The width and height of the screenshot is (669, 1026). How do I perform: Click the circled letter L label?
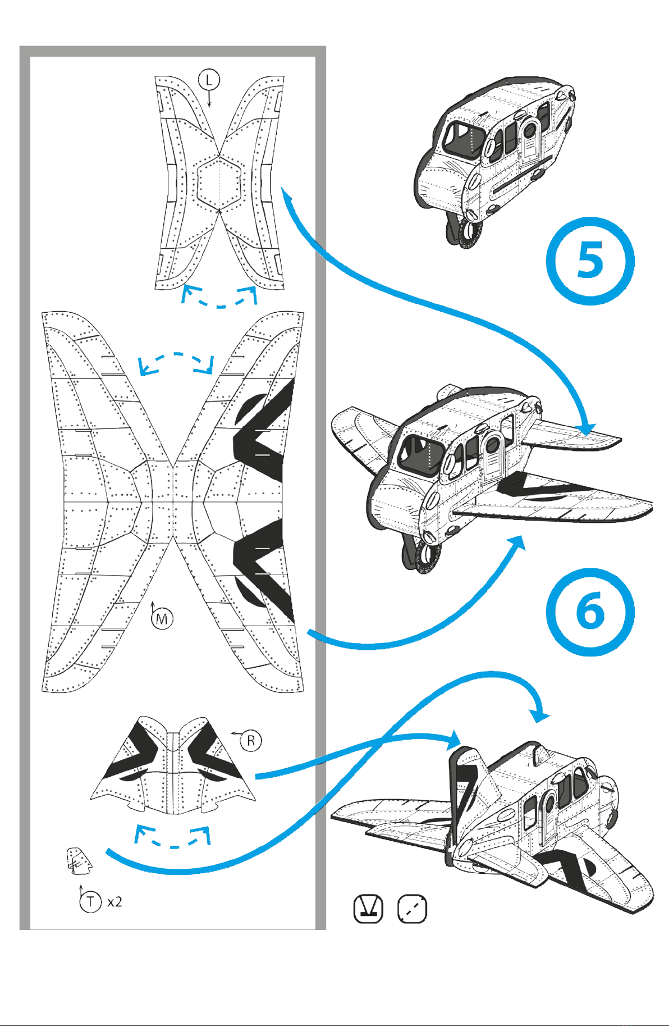(209, 80)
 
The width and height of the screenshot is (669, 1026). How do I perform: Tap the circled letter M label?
(162, 619)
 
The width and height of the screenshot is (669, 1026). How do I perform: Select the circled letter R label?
(251, 741)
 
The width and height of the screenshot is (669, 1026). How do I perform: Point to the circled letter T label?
(90, 902)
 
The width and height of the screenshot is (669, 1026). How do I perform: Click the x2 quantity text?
(114, 902)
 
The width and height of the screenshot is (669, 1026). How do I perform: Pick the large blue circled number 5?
(590, 261)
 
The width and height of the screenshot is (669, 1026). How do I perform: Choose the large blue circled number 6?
(590, 612)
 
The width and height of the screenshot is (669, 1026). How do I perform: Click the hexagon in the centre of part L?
(219, 182)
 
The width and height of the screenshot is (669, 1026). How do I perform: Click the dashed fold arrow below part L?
(219, 297)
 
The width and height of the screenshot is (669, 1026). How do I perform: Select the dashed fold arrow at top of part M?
(176, 362)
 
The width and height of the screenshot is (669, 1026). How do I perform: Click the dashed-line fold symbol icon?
(412, 908)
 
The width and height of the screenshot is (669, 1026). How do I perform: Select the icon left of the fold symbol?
(368, 908)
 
